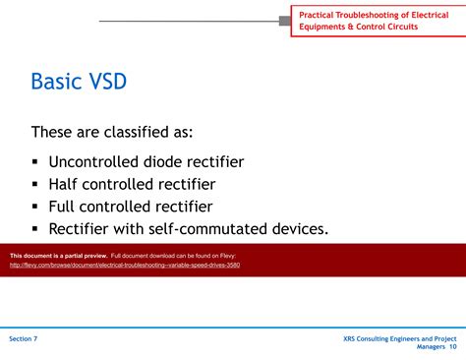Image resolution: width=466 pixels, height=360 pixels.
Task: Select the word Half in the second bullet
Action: (x=66, y=184)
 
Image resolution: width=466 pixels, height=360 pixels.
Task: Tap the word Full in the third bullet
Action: (x=64, y=207)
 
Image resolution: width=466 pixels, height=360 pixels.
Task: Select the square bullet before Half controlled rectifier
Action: (x=35, y=185)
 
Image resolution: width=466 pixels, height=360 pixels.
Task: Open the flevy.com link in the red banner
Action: (x=125, y=265)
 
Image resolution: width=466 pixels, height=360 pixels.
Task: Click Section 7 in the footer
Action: (x=24, y=338)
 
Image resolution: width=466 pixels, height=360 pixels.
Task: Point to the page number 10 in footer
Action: (x=452, y=347)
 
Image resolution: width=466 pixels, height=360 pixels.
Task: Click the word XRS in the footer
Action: (x=351, y=338)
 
